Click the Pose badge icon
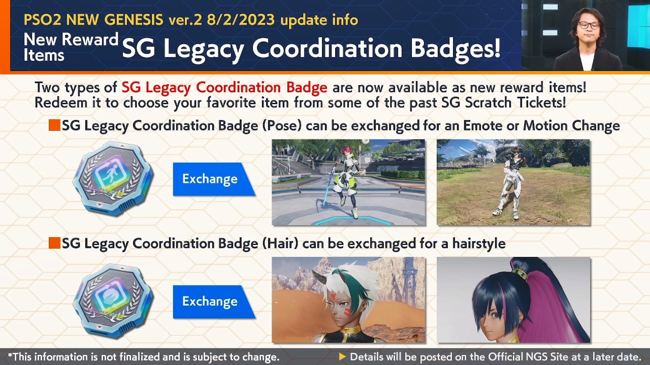point(113,178)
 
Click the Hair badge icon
point(113,301)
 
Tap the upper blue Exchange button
point(210,179)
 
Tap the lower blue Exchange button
point(210,301)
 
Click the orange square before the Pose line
point(54,125)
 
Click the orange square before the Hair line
point(54,243)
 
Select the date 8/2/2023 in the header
point(241,20)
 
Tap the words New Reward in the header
point(71,40)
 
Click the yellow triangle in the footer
point(342,357)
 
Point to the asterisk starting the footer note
point(10,356)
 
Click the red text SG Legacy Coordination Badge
point(224,87)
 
